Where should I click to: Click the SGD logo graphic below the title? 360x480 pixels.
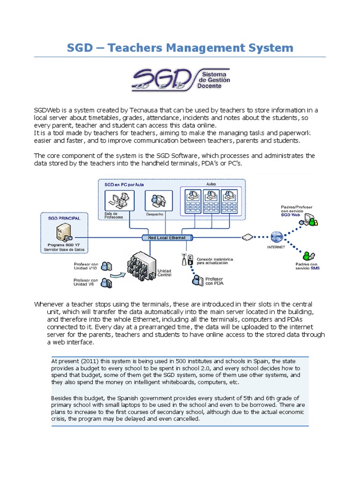click(180, 80)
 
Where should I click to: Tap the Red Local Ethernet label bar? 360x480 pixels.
click(166, 238)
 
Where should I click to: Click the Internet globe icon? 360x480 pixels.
click(277, 236)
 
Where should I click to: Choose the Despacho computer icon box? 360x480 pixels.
click(154, 202)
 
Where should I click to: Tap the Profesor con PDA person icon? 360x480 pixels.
click(196, 280)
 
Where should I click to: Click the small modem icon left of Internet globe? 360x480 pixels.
click(247, 237)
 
